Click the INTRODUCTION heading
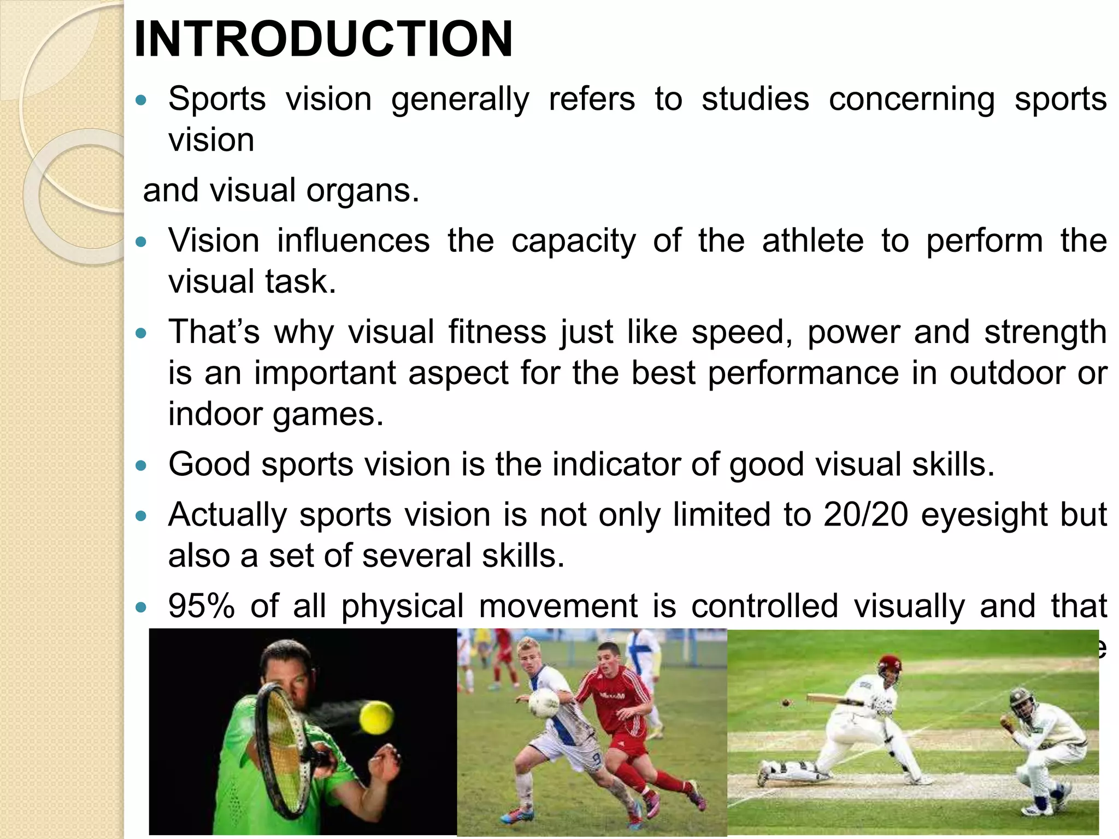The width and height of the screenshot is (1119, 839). coord(323,39)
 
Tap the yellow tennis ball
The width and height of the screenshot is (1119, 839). coord(376,718)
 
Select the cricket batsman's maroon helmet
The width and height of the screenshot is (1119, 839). coord(890,664)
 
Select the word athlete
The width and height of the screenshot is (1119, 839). coord(812,241)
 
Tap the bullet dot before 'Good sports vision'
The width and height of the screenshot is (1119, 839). coord(142,465)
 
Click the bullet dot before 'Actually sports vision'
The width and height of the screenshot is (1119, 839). coord(142,516)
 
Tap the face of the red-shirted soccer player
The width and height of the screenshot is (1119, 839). coord(608,660)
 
